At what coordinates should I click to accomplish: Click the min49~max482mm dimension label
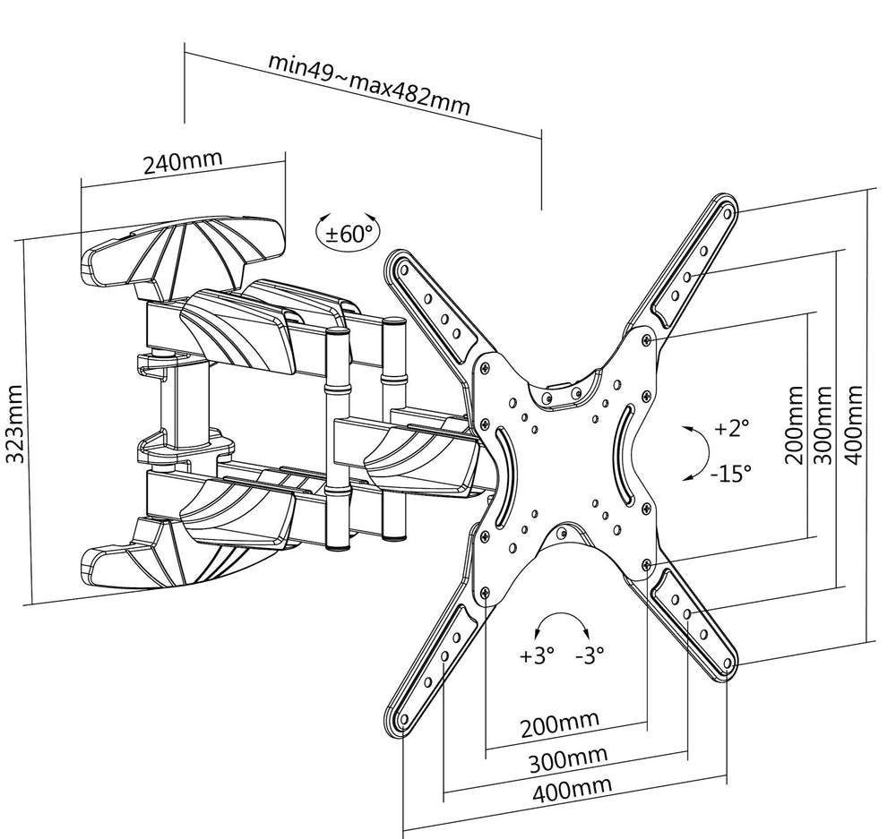point(369,86)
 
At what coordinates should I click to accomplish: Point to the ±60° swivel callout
point(349,235)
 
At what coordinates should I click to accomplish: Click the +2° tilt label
point(731,428)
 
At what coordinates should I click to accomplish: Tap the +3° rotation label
point(538,655)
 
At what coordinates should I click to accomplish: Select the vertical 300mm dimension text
point(823,424)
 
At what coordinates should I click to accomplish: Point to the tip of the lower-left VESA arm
point(400,718)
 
